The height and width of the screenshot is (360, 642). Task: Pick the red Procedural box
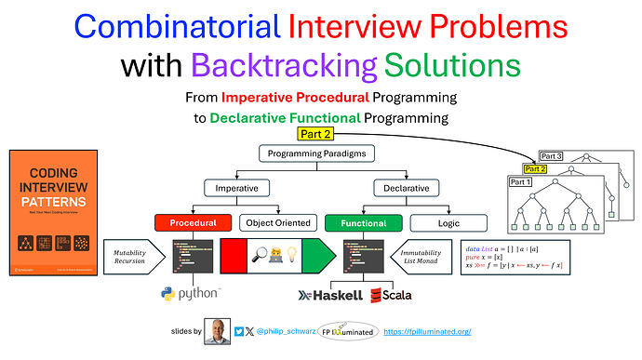[194, 223]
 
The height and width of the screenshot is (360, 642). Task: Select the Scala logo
[390, 295]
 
